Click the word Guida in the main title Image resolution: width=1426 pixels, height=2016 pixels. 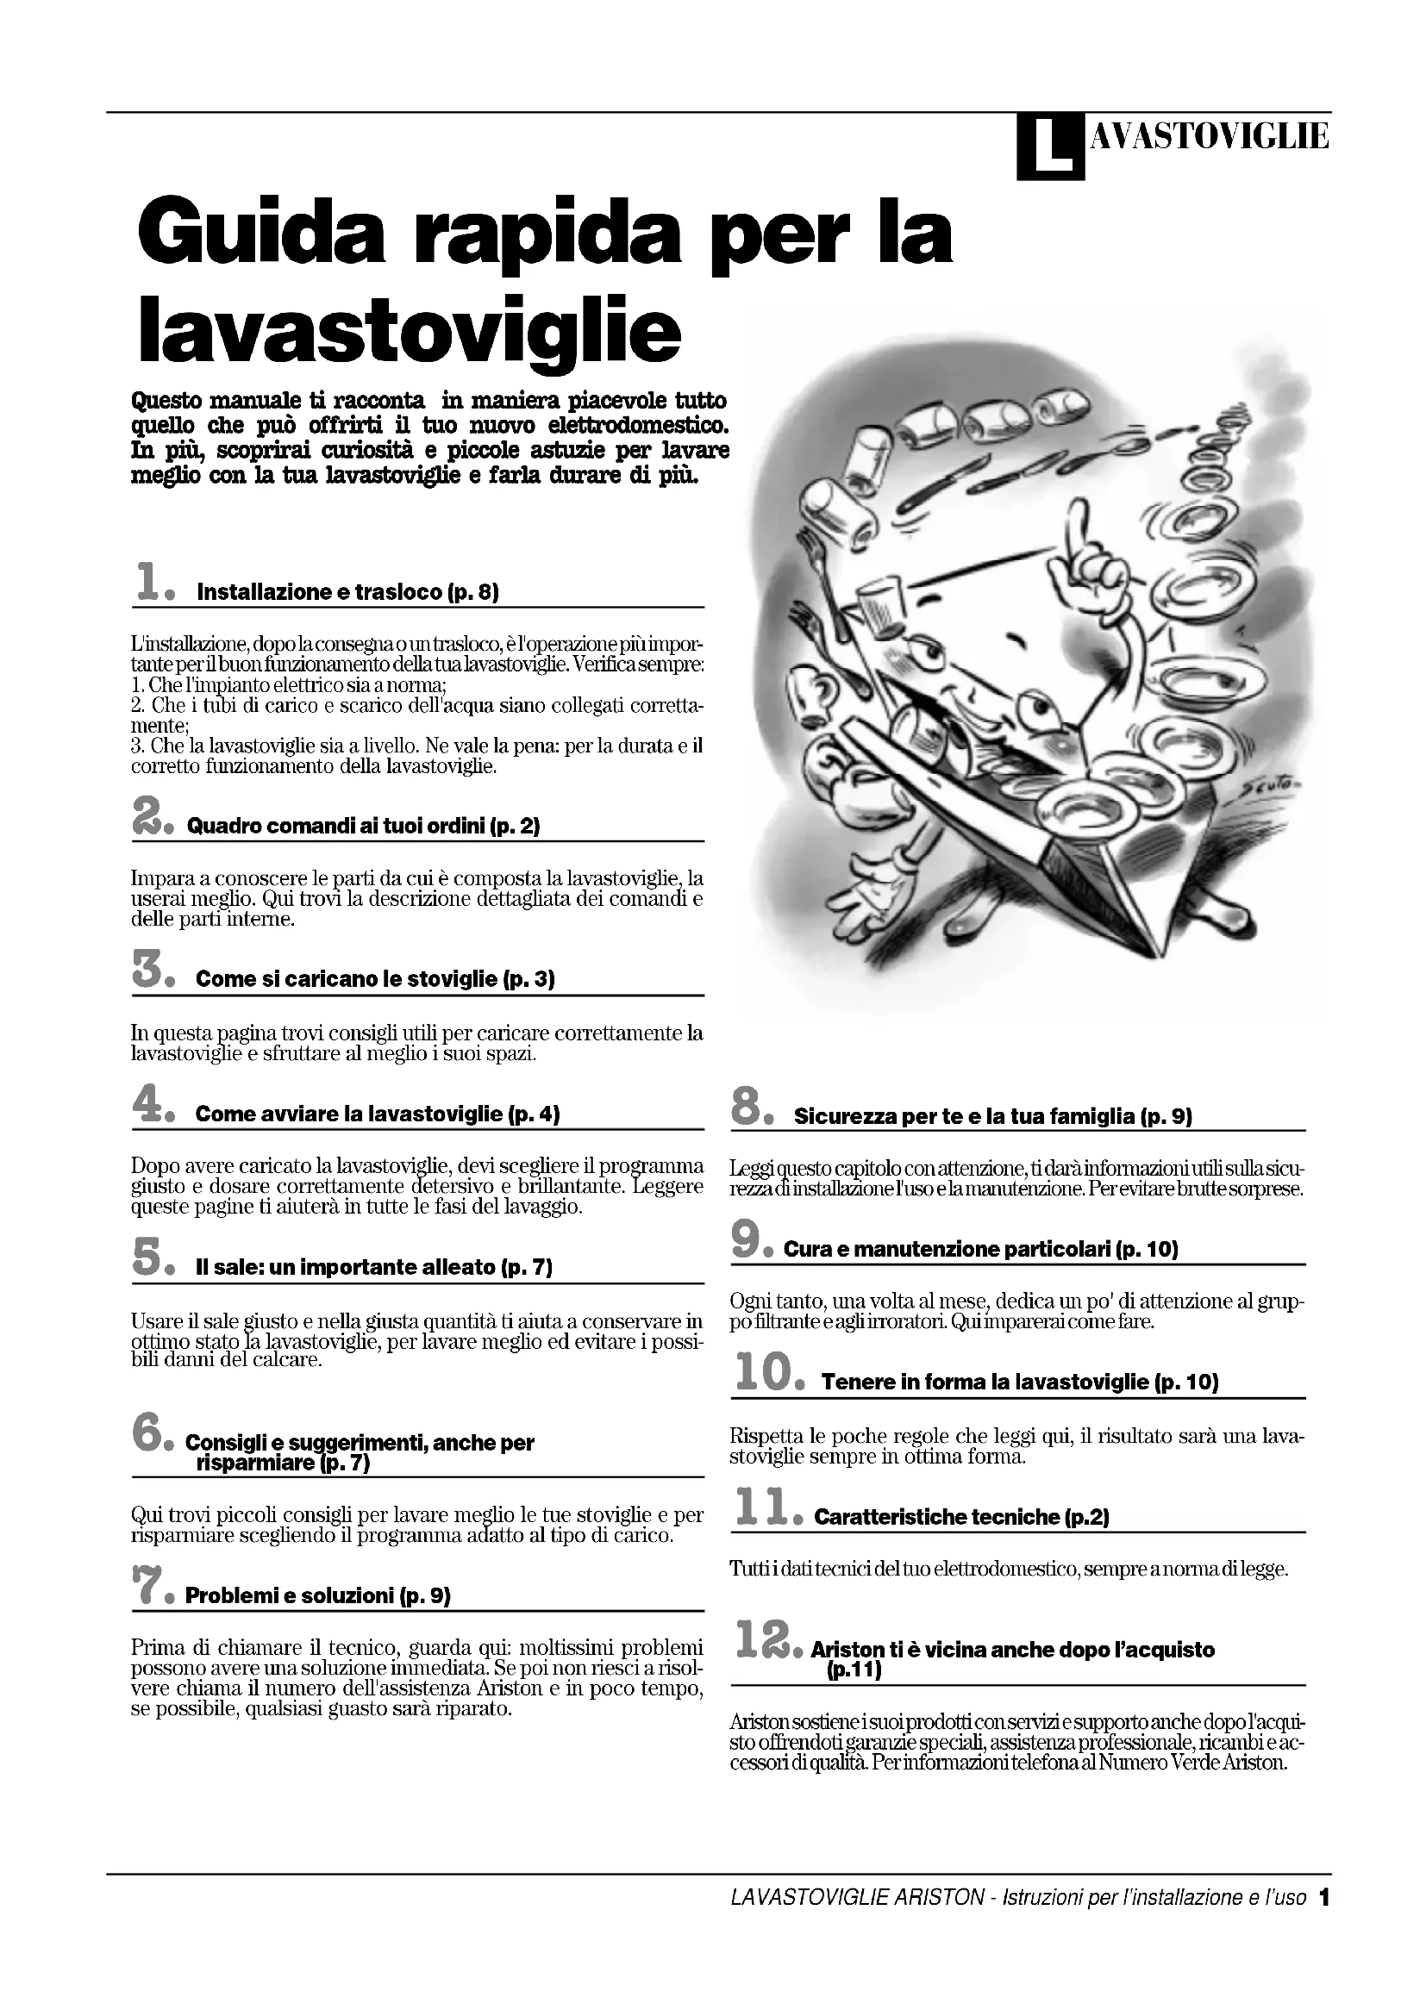[x=265, y=234]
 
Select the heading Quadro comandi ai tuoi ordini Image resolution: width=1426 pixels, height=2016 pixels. [x=363, y=827]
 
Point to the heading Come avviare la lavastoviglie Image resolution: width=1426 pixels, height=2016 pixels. [x=377, y=1114]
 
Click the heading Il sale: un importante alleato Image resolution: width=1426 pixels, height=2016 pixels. [x=373, y=1267]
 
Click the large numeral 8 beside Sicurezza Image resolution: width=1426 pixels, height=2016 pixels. [x=747, y=1108]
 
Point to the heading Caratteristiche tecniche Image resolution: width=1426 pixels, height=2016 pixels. [x=961, y=1516]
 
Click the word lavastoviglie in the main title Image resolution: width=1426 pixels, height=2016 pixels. [x=410, y=329]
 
